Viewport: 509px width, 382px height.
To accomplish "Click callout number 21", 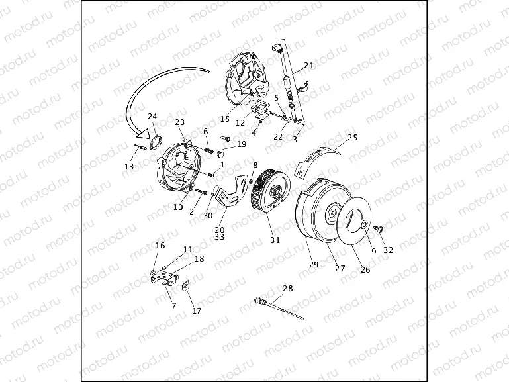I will (x=308, y=66).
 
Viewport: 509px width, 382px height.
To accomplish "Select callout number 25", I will (x=352, y=138).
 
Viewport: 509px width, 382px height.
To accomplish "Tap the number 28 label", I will (x=287, y=289).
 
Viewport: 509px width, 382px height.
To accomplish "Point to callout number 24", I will (x=152, y=117).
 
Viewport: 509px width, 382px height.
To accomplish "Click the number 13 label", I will (x=128, y=166).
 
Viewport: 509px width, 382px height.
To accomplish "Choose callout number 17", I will (x=197, y=310).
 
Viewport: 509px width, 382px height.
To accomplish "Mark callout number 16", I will (x=160, y=246).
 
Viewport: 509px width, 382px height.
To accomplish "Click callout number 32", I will (x=388, y=250).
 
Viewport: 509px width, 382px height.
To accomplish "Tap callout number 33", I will (x=220, y=236).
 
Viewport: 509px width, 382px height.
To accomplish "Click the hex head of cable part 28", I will (x=258, y=301).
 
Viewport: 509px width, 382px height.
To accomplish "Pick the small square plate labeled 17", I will (x=186, y=286).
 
